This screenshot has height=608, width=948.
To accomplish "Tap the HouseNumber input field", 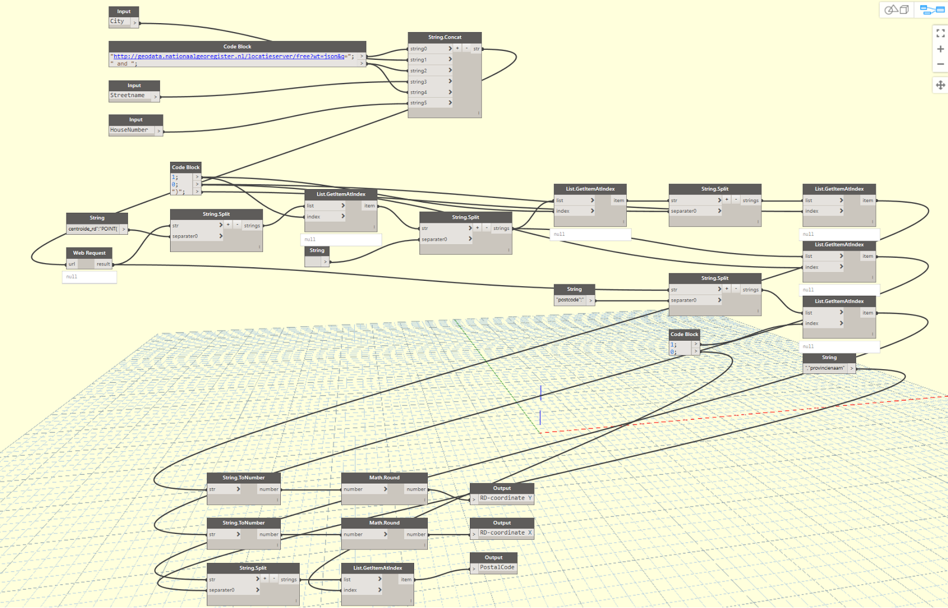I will [130, 130].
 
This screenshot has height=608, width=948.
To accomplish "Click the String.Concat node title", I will [444, 37].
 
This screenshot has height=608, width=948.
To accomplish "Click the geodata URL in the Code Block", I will [231, 56].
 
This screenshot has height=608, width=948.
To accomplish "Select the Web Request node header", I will [89, 253].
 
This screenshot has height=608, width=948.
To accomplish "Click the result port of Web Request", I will [104, 264].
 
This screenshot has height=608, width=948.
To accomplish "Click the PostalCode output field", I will [497, 568].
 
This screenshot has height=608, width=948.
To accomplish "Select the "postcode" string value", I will [571, 300].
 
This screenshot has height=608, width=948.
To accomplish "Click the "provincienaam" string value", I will [825, 368].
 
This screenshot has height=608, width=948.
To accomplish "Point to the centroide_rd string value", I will [93, 229].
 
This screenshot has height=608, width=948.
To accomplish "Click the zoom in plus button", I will [940, 49].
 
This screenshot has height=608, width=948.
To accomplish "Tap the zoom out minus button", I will [940, 64].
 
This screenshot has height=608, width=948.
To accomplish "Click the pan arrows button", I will [940, 85].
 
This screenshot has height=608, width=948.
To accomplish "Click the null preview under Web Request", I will [89, 277].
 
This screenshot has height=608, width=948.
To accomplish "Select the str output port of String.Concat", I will [476, 49].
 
